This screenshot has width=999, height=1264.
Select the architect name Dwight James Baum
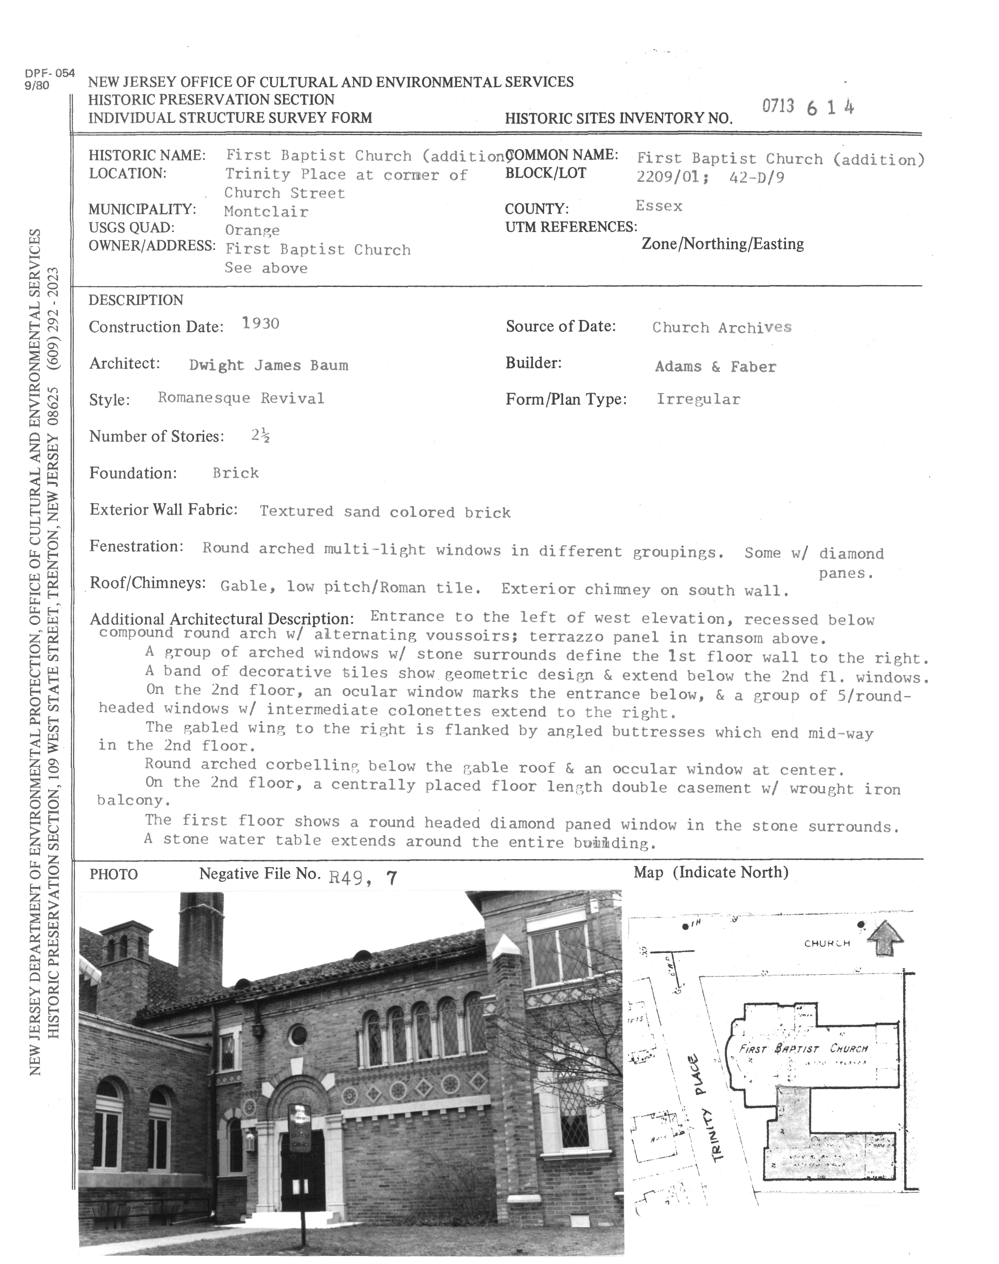pos(269,365)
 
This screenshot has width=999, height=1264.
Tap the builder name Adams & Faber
pos(715,367)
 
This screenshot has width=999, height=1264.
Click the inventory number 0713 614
pos(808,107)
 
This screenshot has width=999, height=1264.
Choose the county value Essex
pos(659,206)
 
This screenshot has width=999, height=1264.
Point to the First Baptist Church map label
pos(804,1048)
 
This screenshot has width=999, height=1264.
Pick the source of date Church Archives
pos(722,327)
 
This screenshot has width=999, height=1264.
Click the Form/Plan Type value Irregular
pos(698,399)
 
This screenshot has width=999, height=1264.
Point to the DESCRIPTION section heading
pos(136,300)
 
